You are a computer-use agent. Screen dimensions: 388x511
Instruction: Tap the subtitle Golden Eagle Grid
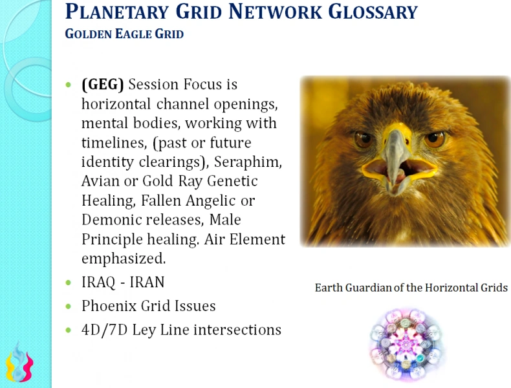point(124,34)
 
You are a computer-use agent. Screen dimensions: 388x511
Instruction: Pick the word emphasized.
point(123,259)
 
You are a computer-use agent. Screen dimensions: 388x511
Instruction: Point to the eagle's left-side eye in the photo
point(363,139)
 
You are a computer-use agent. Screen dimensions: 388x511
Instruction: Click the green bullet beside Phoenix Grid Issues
point(69,307)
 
